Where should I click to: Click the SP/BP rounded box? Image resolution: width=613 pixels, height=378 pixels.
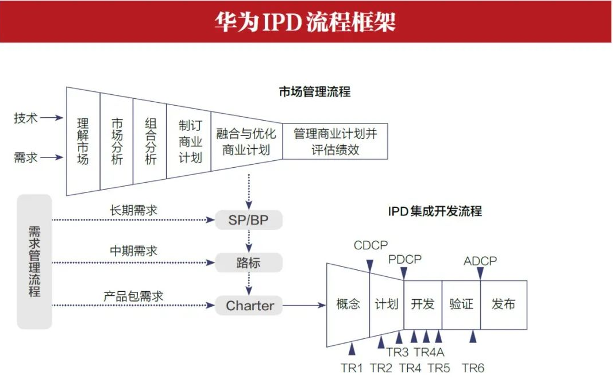coord(249,220)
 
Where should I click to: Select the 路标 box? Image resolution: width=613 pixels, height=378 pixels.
coord(249,263)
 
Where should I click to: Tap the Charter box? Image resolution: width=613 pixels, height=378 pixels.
coord(249,306)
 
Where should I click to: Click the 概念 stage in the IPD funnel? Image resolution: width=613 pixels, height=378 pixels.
coord(348,304)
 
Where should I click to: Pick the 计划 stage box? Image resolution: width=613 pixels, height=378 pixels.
coord(387,304)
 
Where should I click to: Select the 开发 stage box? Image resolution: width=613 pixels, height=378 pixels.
coord(423,304)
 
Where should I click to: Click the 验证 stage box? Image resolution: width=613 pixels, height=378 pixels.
coord(461,304)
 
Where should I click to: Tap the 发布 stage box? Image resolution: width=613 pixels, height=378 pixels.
coord(503,304)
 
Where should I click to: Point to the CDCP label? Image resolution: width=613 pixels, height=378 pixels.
coord(371,246)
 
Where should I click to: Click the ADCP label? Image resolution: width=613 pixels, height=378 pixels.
coord(480,261)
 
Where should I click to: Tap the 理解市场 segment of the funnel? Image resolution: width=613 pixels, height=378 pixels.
coord(83,141)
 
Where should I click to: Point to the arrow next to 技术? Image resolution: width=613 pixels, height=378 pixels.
coord(52,118)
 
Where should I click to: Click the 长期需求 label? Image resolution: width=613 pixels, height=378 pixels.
coord(133,211)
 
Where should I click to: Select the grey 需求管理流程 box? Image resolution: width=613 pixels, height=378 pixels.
coord(34,261)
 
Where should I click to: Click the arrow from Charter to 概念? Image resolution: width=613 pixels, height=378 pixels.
coord(304,306)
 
